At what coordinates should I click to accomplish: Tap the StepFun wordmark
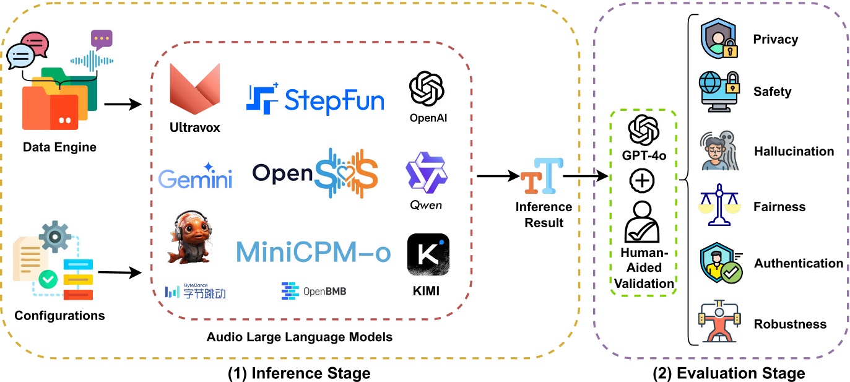(315, 99)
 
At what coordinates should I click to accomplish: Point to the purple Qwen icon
(426, 174)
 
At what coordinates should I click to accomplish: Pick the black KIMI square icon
(428, 254)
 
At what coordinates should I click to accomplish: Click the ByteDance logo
(195, 291)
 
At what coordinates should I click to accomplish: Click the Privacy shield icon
(718, 39)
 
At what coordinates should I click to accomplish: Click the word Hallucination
(794, 152)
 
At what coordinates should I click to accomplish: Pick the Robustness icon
(718, 322)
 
